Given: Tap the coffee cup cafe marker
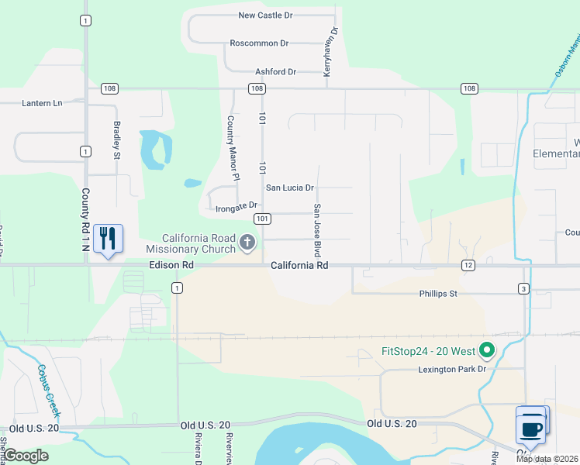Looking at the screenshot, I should point(531,427).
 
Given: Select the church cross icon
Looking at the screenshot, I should point(247,243).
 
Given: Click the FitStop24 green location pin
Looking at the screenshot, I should point(486,350).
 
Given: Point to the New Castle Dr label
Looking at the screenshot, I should point(264,15).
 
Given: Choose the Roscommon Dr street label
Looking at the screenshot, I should point(259,43).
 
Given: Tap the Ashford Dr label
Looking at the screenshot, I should point(271,72).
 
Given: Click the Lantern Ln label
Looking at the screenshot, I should point(42,103).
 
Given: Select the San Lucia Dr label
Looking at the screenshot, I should point(290,188).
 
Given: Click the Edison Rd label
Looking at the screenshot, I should point(171,265).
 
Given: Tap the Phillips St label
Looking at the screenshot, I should point(439,294).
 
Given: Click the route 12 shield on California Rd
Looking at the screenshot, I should point(468,265).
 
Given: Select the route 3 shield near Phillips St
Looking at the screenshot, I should point(524,288).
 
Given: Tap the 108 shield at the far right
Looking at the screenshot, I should point(468,88).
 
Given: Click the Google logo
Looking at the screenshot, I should point(26,456).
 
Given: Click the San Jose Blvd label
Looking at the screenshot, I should point(317,230).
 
